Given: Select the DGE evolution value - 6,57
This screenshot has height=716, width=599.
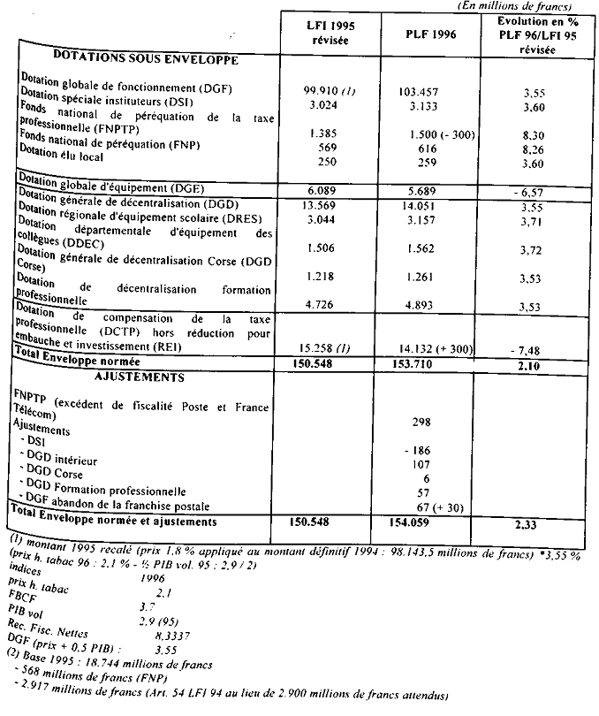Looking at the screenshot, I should click(x=532, y=190).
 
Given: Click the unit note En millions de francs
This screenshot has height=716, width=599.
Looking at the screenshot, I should click(x=526, y=6).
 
